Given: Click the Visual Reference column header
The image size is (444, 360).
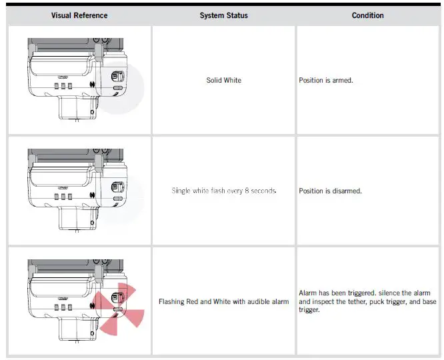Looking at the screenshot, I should click(x=79, y=15).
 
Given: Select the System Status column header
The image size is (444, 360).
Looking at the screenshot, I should click(x=223, y=15).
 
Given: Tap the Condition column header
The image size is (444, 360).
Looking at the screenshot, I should click(x=368, y=15).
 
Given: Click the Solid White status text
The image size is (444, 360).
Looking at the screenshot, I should click(x=223, y=80).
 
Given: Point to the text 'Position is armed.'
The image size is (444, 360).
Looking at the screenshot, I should click(x=326, y=80).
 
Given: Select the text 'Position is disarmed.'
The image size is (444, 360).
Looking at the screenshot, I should click(x=331, y=191).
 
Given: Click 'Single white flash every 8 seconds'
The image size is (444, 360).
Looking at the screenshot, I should click(x=223, y=191).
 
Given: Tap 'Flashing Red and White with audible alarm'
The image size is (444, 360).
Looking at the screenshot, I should click(x=223, y=301).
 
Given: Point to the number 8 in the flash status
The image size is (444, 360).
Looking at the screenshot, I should click(x=250, y=191).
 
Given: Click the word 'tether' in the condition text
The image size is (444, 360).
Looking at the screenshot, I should click(x=357, y=301).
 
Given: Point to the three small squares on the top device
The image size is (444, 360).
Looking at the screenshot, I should click(x=63, y=87).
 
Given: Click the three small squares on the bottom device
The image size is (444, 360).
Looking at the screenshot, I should click(x=63, y=307).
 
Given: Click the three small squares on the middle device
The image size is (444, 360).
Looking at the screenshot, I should click(x=63, y=197).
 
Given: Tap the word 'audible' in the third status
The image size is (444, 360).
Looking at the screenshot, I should click(x=255, y=301).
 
